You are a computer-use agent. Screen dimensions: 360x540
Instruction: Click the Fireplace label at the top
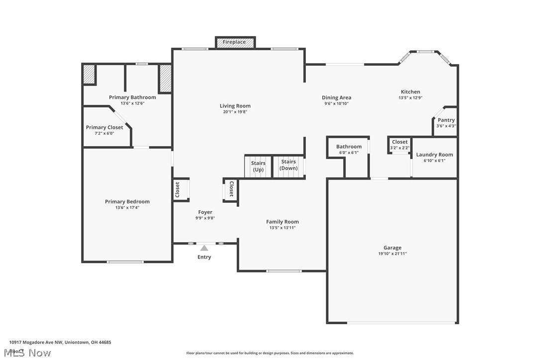[x=234, y=42]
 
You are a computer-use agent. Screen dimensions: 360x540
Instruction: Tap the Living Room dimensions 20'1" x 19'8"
[x=235, y=112]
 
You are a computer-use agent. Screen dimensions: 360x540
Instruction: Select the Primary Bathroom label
[x=132, y=97]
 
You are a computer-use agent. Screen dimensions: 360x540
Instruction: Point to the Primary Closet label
[x=104, y=128]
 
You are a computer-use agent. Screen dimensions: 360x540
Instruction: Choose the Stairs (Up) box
[x=258, y=166]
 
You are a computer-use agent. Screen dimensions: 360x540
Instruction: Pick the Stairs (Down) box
[x=288, y=165]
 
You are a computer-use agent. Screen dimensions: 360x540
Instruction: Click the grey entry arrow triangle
[x=204, y=248]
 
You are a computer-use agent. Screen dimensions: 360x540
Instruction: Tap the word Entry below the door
[x=204, y=257]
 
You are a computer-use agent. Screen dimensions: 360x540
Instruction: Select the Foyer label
[x=205, y=212]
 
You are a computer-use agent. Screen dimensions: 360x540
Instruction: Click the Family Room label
[x=282, y=222]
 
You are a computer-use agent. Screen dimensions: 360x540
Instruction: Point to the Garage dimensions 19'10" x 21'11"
[x=392, y=254]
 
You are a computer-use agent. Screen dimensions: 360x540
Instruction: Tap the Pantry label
[x=446, y=120]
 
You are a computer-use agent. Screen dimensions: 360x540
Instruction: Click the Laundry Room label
[x=435, y=155]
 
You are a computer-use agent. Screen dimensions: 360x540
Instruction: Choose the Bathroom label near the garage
[x=349, y=147]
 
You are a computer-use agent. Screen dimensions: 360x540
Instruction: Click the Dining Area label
[x=337, y=97]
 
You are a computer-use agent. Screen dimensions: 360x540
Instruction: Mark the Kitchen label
[x=411, y=91]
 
